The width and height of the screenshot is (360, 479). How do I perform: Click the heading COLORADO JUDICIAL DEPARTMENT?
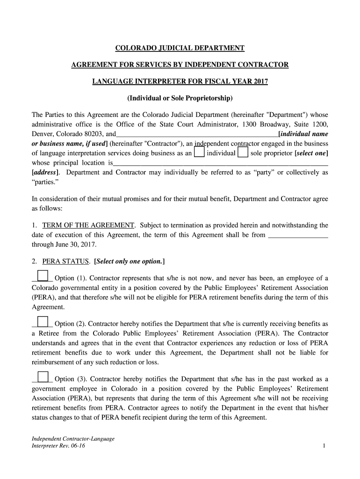(x=180, y=48)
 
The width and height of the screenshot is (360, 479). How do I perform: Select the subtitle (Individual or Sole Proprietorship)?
(x=180, y=98)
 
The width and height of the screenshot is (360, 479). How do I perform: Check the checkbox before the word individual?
(x=199, y=153)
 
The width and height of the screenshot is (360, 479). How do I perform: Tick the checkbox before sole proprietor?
(x=243, y=153)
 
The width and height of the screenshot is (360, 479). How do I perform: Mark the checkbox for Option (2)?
(x=42, y=321)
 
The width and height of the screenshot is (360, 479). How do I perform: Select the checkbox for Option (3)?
(x=42, y=377)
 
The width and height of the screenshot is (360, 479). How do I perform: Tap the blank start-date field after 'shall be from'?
(x=298, y=235)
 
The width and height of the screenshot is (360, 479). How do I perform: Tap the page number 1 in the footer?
(x=324, y=446)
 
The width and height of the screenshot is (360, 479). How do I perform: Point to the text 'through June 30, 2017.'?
(x=63, y=244)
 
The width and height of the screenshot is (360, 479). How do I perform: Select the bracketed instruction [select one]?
(x=311, y=153)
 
